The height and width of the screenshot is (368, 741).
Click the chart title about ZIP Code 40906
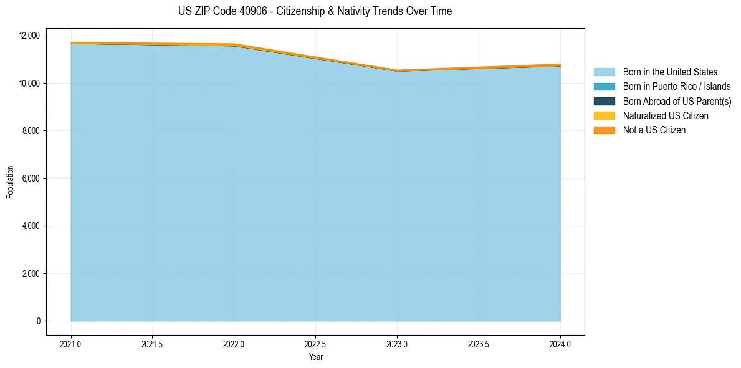pos(315,11)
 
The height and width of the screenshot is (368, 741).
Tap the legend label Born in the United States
pos(670,72)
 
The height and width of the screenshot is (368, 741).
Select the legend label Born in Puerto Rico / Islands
pos(676,87)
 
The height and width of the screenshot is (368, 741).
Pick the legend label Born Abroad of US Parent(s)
pos(677,101)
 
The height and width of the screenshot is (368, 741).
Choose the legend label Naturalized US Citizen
pos(666,115)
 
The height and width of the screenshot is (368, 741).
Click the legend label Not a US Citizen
pos(654,130)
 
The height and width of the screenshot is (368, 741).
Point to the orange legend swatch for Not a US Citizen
pos(604,130)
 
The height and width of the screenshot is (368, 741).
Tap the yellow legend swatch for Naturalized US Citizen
pos(604,115)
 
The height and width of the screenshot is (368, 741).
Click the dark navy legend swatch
pos(604,101)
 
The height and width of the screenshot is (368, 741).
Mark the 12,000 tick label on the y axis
pos(29,36)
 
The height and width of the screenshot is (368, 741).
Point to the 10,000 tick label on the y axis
pos(29,83)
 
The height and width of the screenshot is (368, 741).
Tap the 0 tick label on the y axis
pos(38,321)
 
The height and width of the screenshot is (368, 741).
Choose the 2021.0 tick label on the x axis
pos(70,344)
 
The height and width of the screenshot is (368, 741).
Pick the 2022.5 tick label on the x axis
pos(315,344)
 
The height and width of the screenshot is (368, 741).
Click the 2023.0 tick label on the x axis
pos(397,344)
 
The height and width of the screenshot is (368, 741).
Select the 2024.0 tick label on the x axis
pos(560,344)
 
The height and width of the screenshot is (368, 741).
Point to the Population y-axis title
pos(10,182)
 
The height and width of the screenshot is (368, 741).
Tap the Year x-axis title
pos(315,357)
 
